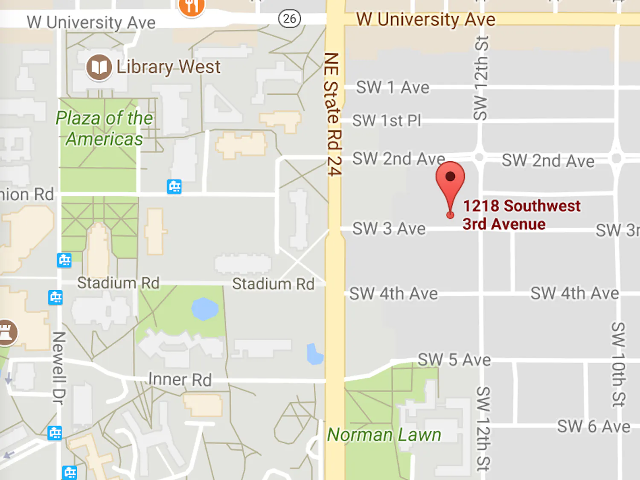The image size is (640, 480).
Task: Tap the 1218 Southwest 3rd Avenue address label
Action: click(521, 215)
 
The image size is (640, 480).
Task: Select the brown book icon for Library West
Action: click(99, 67)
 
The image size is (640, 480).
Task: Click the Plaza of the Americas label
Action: click(104, 128)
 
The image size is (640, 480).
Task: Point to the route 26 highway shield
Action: click(289, 18)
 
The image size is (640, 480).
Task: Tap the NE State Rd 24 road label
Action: click(332, 114)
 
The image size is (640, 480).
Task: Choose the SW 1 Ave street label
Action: click(393, 87)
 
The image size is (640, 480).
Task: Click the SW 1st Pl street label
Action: click(387, 120)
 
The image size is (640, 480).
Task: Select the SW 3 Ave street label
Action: click(389, 229)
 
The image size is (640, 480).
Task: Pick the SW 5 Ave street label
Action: click(454, 360)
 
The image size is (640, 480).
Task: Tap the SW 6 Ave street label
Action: click(593, 426)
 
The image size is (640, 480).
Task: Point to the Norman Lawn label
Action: click(384, 435)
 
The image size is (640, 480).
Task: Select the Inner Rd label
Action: click(180, 379)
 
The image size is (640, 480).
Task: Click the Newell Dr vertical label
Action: click(58, 368)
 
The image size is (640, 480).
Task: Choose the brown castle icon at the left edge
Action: click(6, 332)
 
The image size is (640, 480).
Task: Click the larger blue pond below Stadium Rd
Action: click(204, 309)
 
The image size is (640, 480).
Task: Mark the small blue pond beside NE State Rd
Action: click(315, 354)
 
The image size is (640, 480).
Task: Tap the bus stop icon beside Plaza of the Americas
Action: click(174, 186)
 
